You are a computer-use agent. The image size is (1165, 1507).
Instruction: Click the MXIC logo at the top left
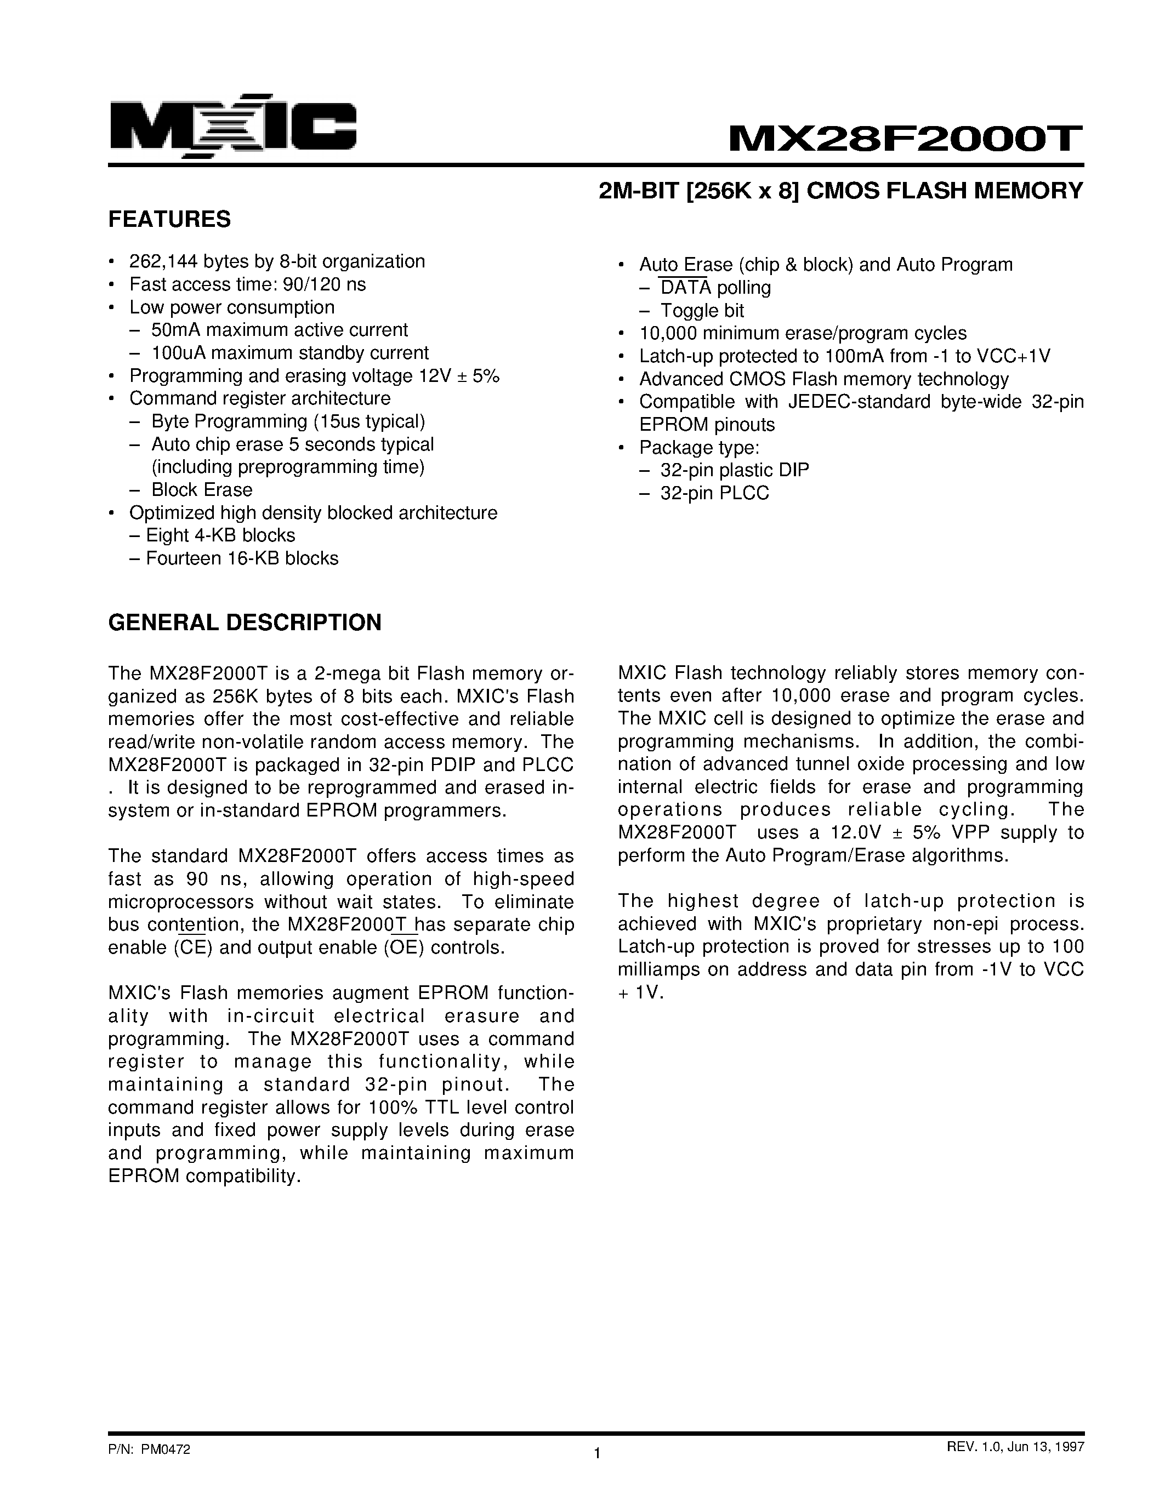pyautogui.click(x=232, y=125)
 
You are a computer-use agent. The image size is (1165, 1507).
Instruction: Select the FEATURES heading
pyautogui.click(x=170, y=219)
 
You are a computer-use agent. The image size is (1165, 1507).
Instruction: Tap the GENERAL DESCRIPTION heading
pyautogui.click(x=245, y=623)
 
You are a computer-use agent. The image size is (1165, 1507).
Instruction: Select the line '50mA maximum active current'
pyautogui.click(x=280, y=330)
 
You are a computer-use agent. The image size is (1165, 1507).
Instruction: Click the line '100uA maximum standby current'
pyautogui.click(x=290, y=352)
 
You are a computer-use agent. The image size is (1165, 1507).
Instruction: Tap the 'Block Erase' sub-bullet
pyautogui.click(x=202, y=490)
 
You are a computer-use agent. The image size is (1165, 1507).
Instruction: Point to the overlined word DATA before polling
pyautogui.click(x=685, y=288)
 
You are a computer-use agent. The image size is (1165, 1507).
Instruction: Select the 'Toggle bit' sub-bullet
pyautogui.click(x=702, y=311)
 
